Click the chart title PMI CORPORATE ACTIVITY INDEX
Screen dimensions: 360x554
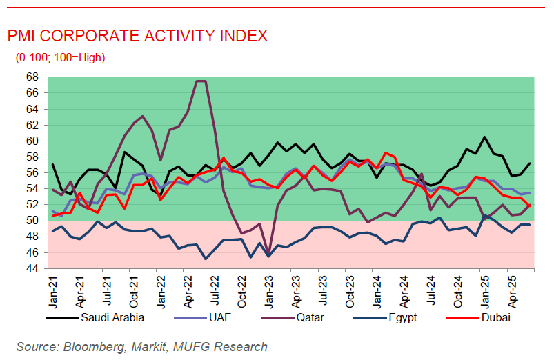[x=137, y=36]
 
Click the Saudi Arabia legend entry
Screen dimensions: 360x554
[x=112, y=318]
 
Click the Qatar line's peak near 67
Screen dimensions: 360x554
[x=201, y=81]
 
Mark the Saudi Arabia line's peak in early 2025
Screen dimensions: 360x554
[x=484, y=137]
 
